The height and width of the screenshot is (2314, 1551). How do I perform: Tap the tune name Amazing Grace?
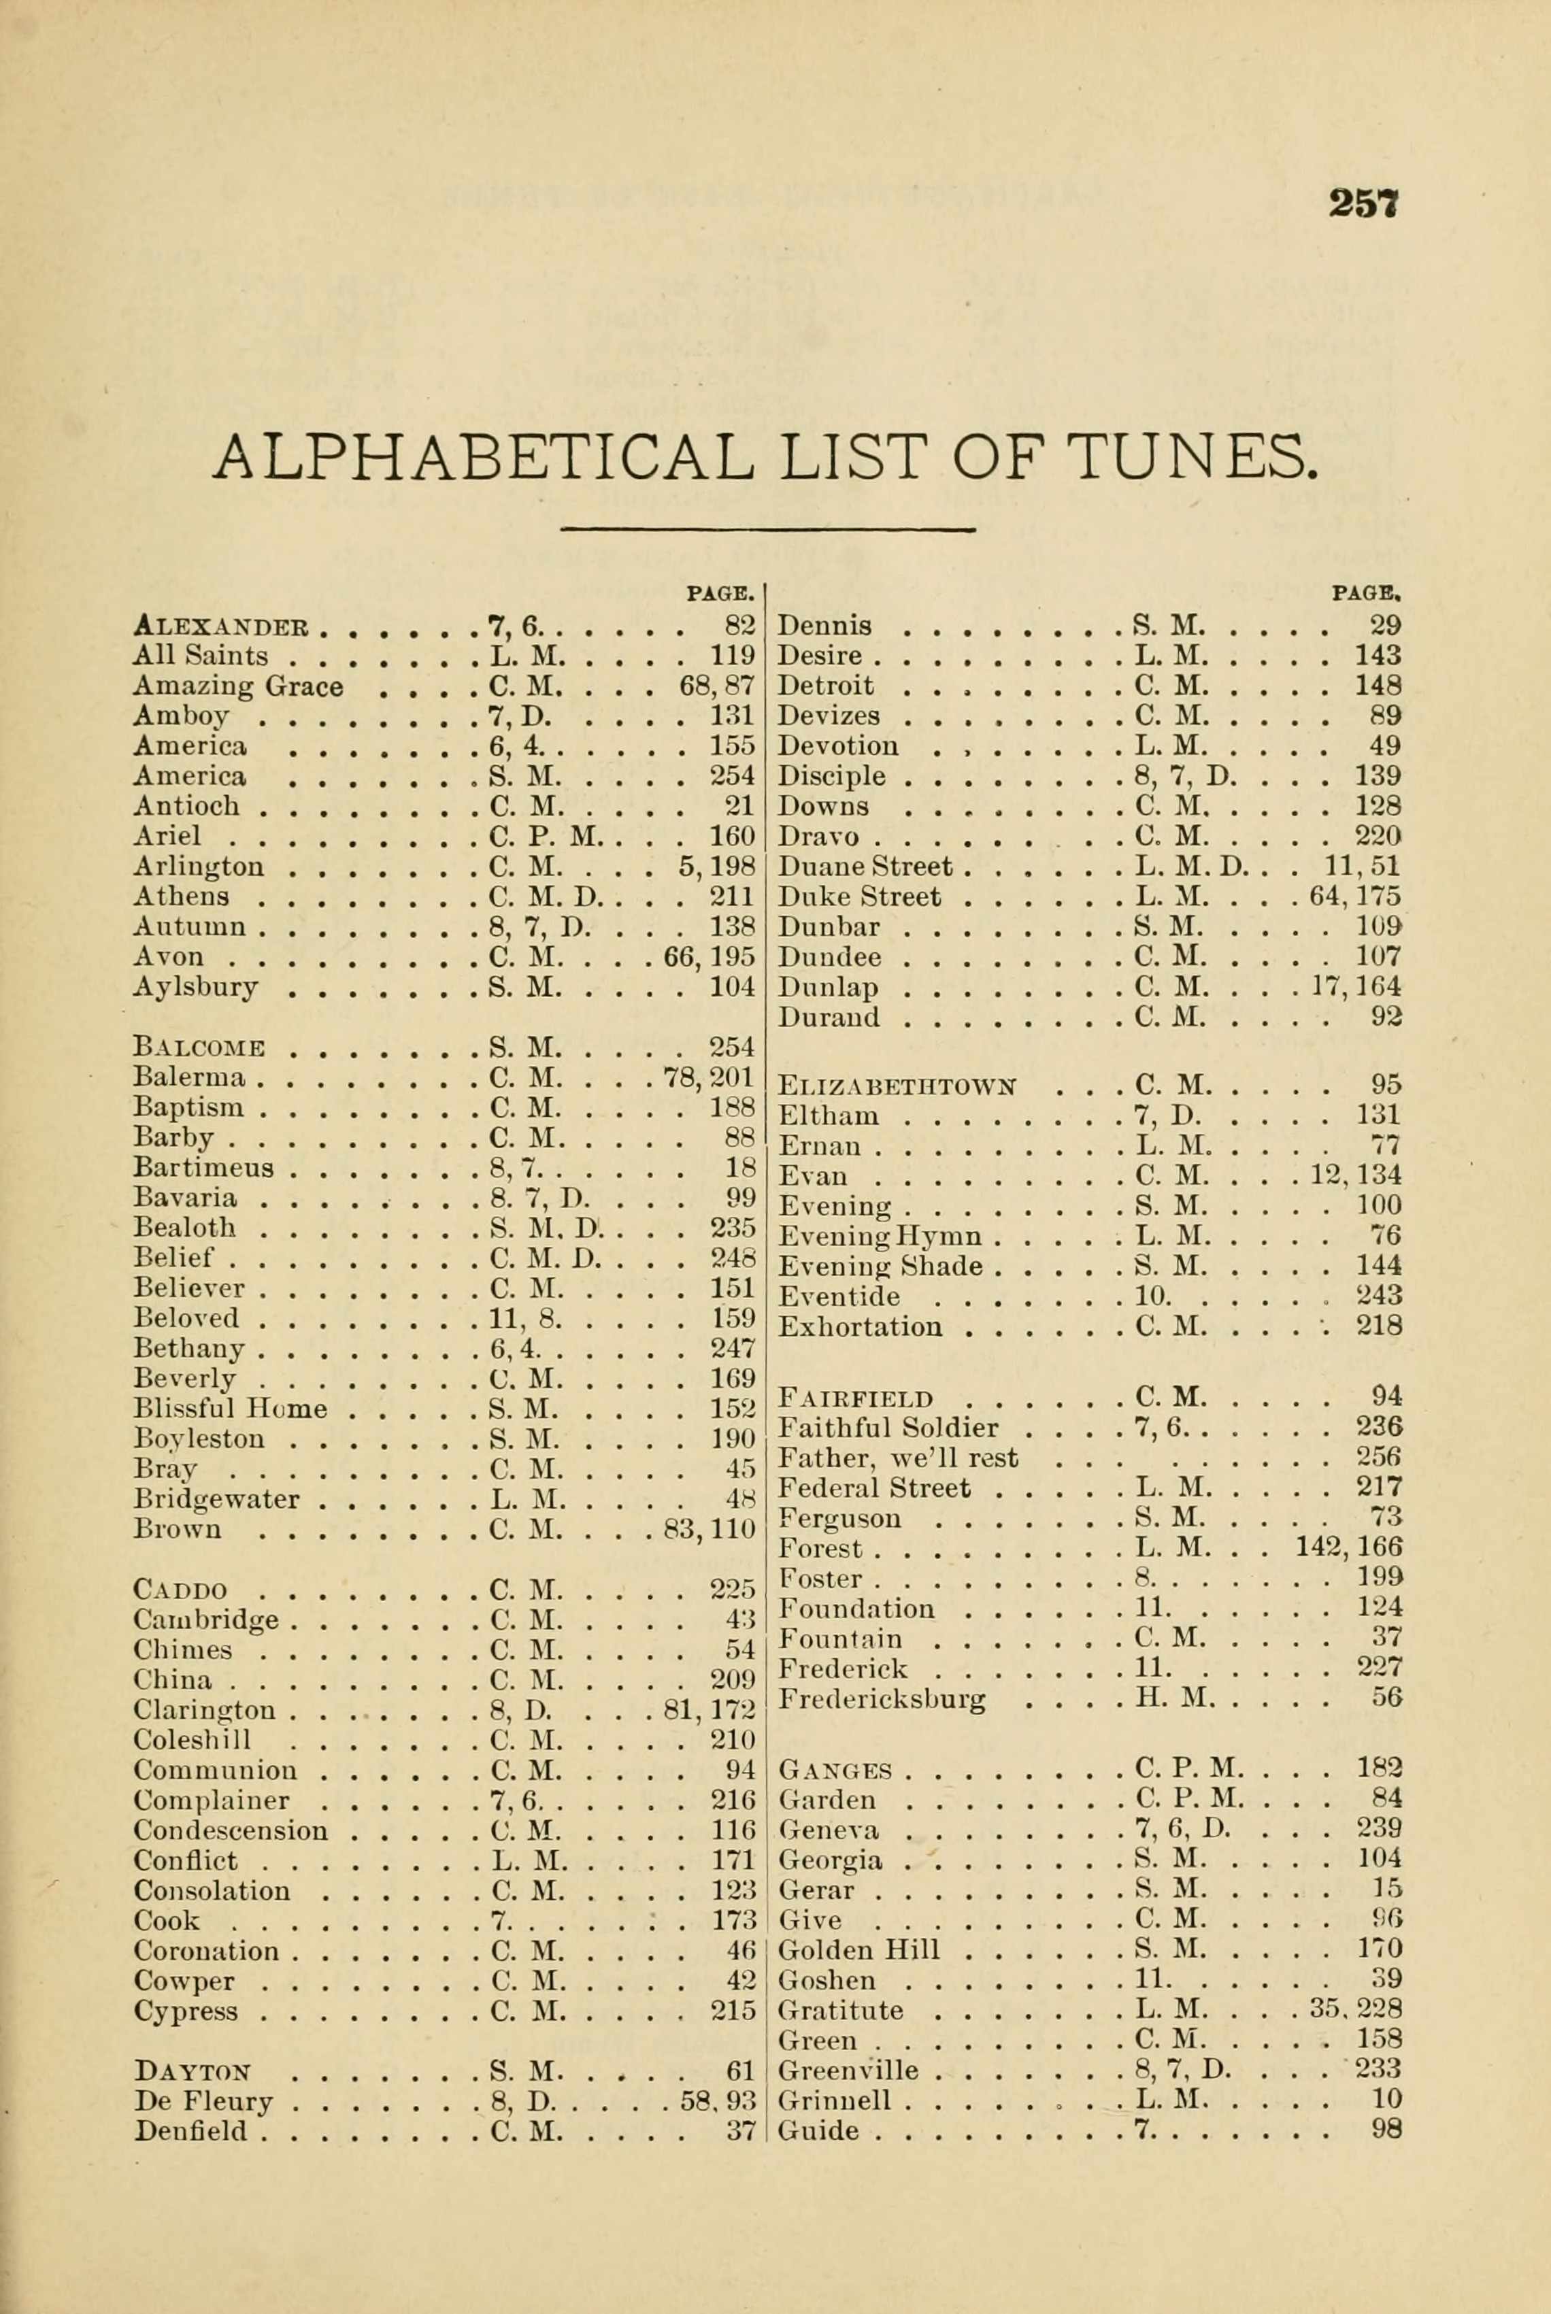[x=237, y=686]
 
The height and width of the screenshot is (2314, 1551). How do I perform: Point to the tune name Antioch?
[x=186, y=806]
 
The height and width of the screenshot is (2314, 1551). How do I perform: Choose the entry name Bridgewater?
[x=216, y=1499]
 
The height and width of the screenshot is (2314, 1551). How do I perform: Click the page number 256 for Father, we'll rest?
[x=1379, y=1458]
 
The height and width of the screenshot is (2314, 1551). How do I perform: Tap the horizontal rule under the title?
[x=767, y=530]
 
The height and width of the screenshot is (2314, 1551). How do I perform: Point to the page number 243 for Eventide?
[x=1379, y=1296]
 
